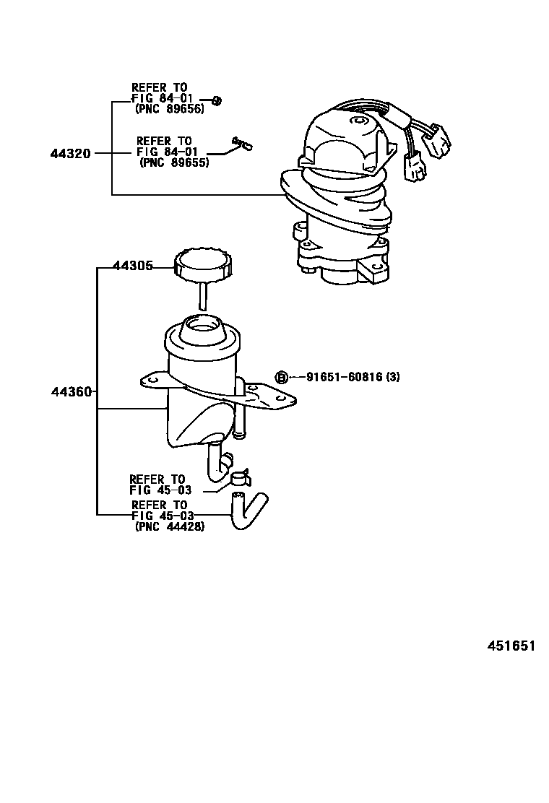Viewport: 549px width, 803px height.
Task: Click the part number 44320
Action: pos(70,153)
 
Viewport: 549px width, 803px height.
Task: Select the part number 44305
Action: pos(133,266)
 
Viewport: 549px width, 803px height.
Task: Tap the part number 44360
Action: pos(72,392)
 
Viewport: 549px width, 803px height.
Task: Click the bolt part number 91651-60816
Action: pos(344,377)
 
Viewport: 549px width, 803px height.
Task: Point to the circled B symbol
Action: pos(282,378)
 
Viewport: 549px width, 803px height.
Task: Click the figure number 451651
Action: pos(511,646)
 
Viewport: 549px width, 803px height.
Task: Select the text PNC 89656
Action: pos(170,109)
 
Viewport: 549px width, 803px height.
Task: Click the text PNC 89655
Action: pos(174,163)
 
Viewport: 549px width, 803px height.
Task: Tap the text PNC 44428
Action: pos(170,526)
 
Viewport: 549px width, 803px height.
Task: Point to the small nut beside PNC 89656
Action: pos(217,100)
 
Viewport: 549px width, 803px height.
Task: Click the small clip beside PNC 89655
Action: pos(243,144)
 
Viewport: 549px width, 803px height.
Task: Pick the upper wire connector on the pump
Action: pos(439,139)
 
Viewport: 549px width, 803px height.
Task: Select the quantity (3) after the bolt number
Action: pos(392,377)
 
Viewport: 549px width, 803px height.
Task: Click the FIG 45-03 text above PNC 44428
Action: pos(161,516)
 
